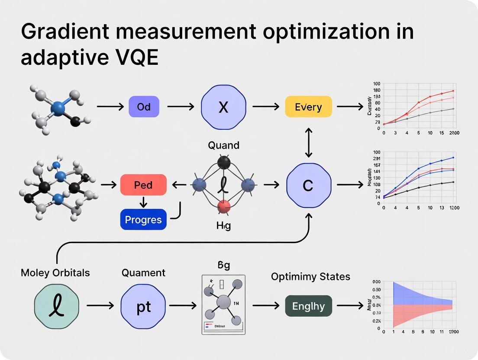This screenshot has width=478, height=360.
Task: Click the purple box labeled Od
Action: coord(144,106)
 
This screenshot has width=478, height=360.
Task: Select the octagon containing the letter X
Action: coord(223,106)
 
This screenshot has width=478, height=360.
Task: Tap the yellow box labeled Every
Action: coord(308,106)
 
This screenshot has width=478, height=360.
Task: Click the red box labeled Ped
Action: coord(143,185)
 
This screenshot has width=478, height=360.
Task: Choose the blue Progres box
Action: coord(143,219)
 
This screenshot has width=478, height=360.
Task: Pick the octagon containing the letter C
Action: coord(308,185)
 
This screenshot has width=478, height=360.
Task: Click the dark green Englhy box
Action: coord(308,306)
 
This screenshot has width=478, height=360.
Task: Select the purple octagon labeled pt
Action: coord(143,306)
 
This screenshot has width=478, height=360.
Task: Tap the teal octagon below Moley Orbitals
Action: coord(56,306)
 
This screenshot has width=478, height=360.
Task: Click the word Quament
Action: coord(143,273)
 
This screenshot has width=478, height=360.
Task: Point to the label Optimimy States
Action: coord(310,276)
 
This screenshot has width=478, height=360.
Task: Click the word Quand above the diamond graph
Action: coord(223,145)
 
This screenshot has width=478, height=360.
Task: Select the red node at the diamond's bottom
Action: coord(223,207)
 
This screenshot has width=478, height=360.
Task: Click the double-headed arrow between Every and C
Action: coord(308,142)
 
